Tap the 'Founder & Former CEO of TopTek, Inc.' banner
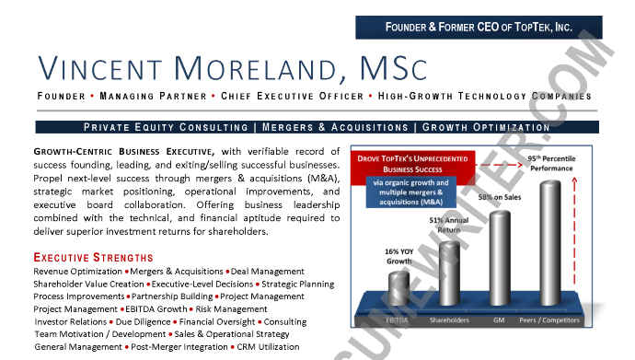(479, 27)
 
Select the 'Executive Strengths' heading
(94, 257)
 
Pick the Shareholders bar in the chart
(448, 272)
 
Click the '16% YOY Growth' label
(398, 255)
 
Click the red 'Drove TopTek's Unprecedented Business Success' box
(414, 163)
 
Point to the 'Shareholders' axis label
(449, 320)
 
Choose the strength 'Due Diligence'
(141, 322)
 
